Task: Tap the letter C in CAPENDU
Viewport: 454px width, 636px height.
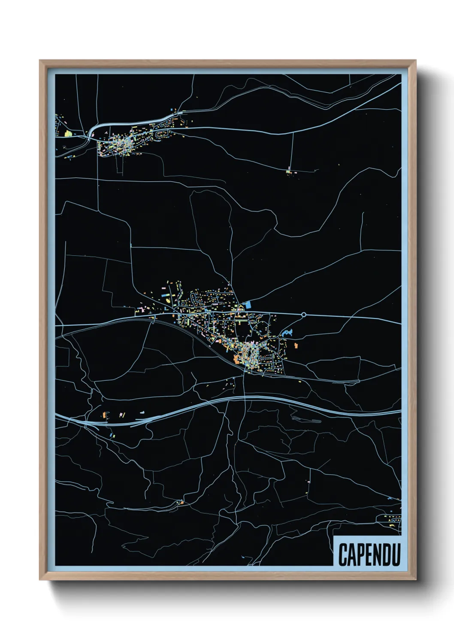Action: tap(343, 554)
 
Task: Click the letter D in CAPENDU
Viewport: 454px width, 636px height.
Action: tap(387, 554)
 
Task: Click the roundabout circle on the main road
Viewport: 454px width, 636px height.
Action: tap(304, 315)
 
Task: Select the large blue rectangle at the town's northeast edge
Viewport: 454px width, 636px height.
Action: tap(248, 306)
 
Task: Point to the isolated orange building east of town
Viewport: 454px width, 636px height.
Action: tap(296, 345)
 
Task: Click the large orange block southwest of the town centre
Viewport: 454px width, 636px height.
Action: tap(237, 359)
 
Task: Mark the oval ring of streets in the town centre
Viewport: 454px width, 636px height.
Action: tap(249, 353)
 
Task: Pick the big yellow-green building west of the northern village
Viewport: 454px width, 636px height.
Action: tap(68, 134)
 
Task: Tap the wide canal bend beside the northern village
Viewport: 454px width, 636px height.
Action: tap(92, 131)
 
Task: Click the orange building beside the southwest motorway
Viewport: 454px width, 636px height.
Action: tap(103, 415)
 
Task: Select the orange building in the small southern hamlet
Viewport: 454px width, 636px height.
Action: tap(182, 502)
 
